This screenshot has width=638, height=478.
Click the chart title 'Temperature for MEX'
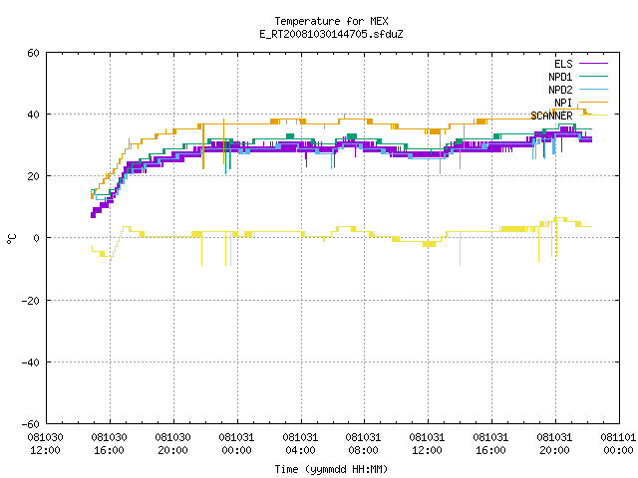[331, 21]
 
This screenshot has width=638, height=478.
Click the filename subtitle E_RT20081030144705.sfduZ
[331, 34]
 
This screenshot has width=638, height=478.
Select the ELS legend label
[563, 64]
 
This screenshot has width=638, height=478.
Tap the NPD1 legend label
[560, 77]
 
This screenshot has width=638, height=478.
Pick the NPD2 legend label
[560, 90]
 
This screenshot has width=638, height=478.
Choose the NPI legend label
[563, 103]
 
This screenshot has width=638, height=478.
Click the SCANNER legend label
[551, 116]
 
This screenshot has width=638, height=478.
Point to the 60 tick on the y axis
[33, 53]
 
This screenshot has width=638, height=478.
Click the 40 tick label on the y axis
[33, 115]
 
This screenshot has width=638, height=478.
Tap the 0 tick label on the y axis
[37, 238]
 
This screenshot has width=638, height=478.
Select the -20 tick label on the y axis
[31, 301]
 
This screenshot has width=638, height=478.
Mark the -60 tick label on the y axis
[31, 424]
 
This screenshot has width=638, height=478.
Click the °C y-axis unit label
[11, 239]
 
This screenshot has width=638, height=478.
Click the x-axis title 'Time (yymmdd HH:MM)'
[331, 469]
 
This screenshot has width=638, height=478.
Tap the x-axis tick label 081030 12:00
[46, 444]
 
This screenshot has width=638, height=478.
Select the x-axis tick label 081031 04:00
[301, 444]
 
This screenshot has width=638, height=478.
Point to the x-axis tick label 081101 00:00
[618, 444]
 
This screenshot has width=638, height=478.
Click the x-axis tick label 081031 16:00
[491, 444]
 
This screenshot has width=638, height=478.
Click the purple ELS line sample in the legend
[594, 64]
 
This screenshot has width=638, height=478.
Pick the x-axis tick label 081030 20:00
[172, 444]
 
